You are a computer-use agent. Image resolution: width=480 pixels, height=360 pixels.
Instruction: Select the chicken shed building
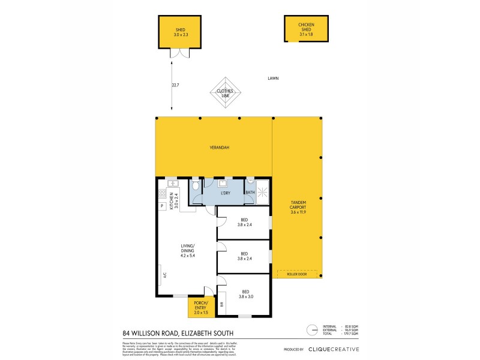[x=306, y=29]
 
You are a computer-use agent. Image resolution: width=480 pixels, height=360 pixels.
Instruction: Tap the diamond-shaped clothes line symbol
[x=225, y=94]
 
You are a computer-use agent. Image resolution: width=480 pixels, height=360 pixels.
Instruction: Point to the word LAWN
[x=274, y=79]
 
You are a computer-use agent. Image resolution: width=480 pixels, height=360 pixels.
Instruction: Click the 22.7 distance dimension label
[x=175, y=85]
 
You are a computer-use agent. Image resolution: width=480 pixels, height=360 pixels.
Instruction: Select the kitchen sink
[x=170, y=183]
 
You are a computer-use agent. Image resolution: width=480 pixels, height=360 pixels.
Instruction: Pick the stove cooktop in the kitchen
[x=162, y=194]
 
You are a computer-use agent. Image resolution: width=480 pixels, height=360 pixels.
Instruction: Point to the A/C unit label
[x=163, y=276]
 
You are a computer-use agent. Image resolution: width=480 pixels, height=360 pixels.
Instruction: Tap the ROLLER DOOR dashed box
[x=298, y=274]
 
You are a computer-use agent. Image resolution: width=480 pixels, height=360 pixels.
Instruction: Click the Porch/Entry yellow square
[x=200, y=308]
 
